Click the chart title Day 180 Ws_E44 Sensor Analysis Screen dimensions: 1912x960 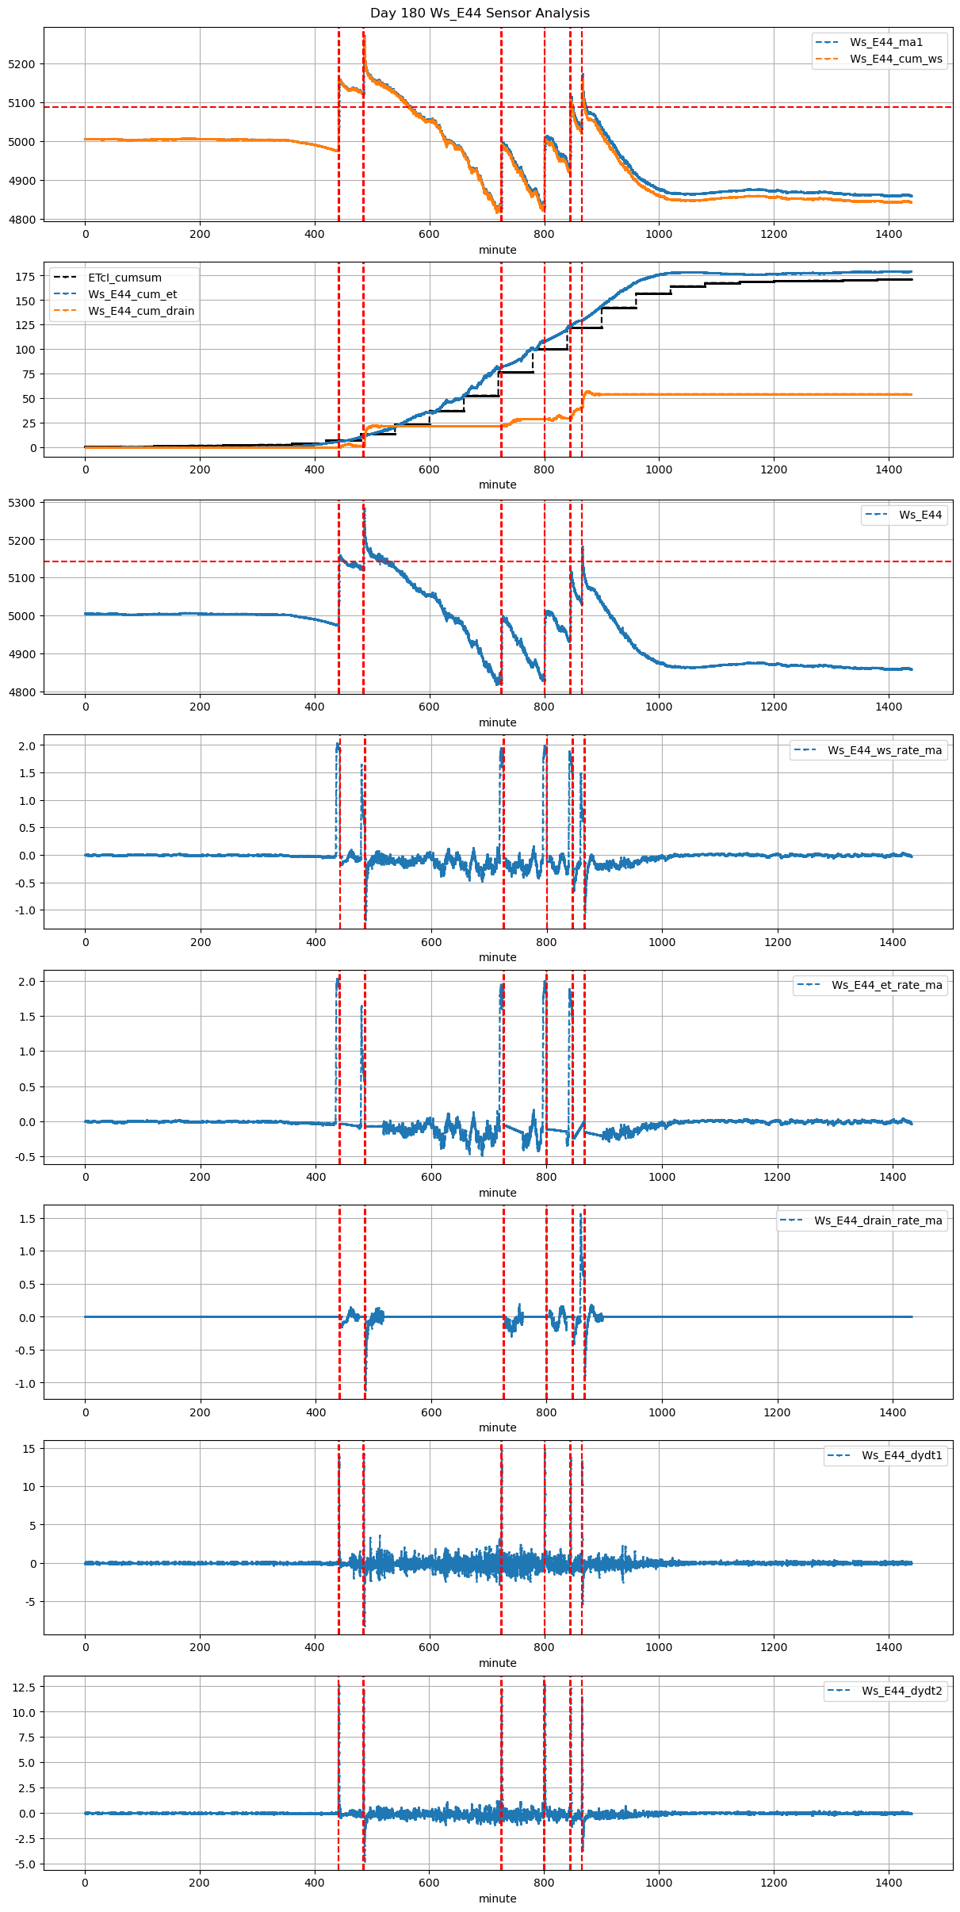(480, 13)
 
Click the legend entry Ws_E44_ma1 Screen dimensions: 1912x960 (886, 42)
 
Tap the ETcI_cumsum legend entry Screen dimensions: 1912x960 (124, 278)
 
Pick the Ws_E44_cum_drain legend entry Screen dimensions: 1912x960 (141, 311)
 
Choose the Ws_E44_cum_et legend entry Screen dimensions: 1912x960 (132, 294)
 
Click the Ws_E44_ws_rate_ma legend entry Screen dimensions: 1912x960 (885, 750)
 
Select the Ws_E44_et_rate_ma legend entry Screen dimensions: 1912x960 (887, 985)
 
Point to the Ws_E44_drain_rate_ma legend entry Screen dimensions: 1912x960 (878, 1220)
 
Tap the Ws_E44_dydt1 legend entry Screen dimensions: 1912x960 (902, 1455)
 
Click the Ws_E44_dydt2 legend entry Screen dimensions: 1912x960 (902, 1691)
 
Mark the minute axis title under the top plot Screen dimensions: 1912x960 (497, 250)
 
